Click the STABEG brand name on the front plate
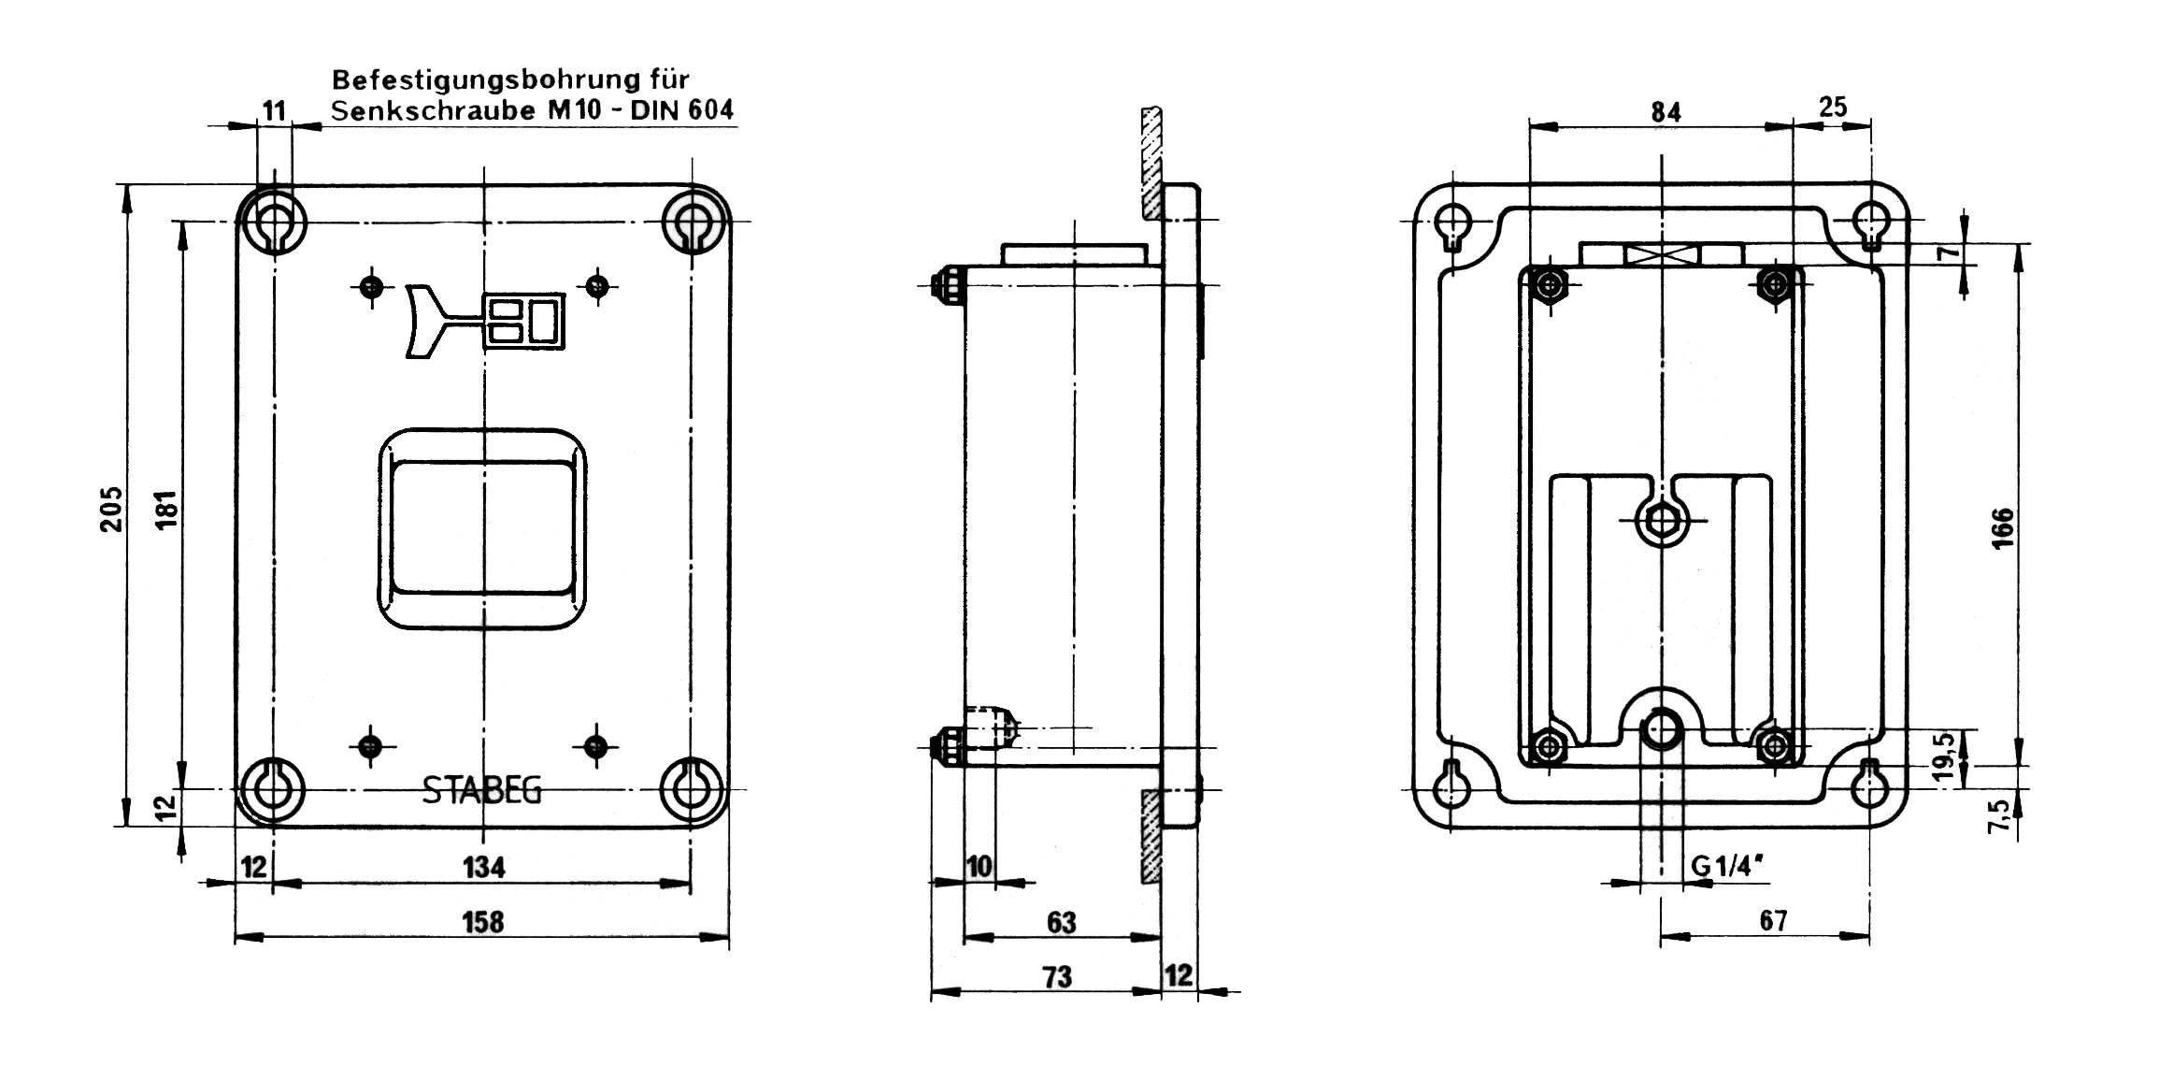click(482, 791)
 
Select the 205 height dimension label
click(112, 508)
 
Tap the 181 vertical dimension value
click(166, 508)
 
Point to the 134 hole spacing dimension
click(483, 868)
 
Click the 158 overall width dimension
click(483, 922)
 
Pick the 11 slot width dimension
click(273, 111)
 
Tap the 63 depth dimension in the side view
click(1061, 923)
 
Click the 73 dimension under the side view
click(1057, 977)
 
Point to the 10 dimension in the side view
click(979, 867)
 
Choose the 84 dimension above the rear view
click(1666, 112)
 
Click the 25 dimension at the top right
click(1833, 108)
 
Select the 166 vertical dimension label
click(2002, 528)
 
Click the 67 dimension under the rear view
click(1773, 921)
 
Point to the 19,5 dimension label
click(1945, 756)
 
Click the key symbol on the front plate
click(487, 321)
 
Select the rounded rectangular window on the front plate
click(482, 529)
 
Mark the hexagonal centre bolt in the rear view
click(1661, 520)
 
